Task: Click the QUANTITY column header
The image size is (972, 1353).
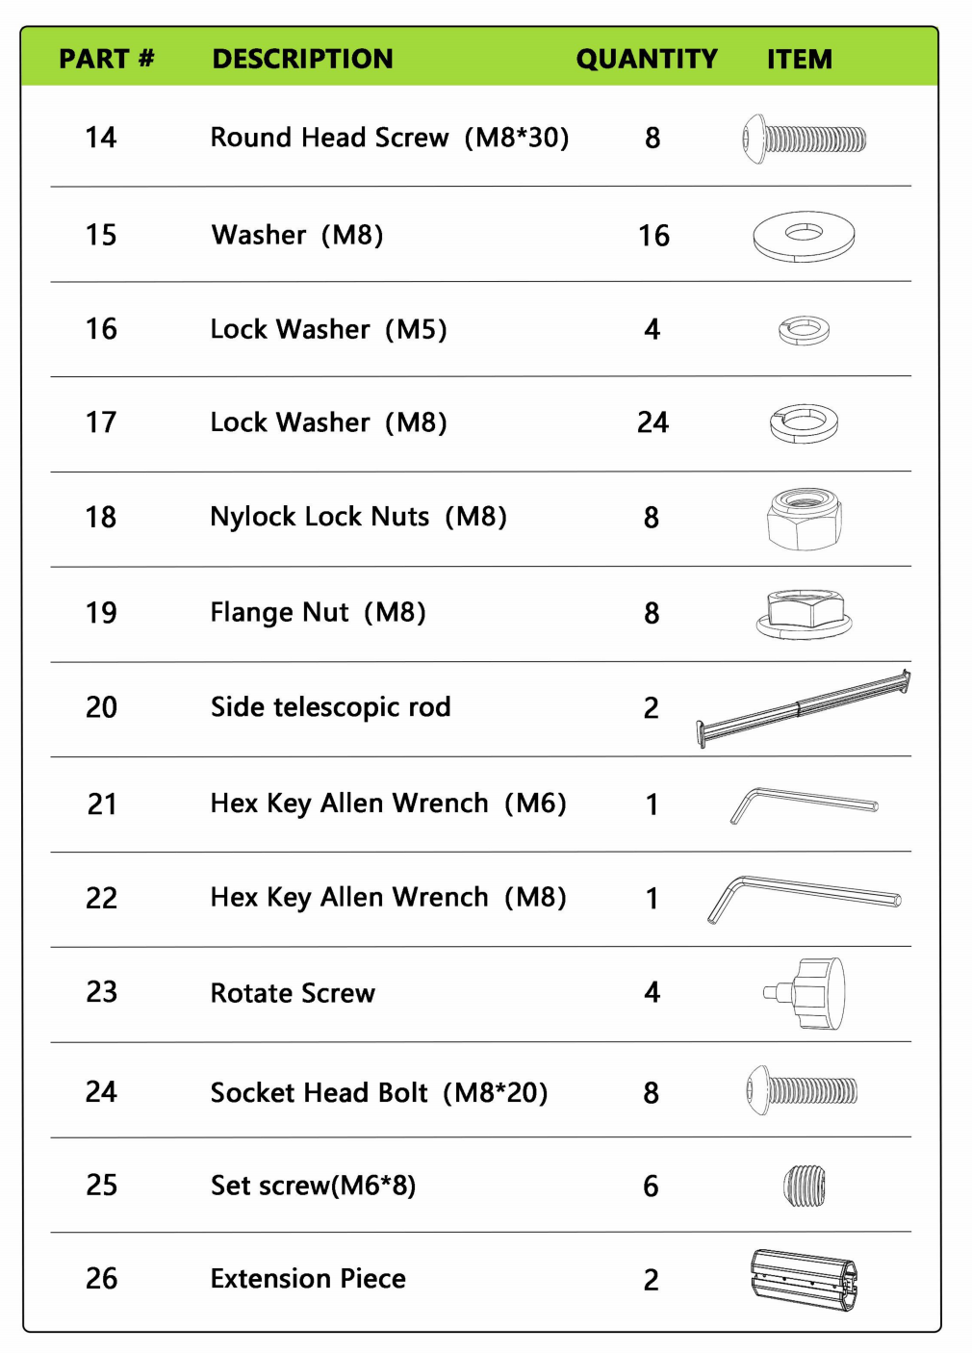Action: pyautogui.click(x=647, y=59)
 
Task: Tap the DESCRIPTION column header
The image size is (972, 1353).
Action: pyautogui.click(x=302, y=59)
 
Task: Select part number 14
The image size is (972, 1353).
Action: pyautogui.click(x=101, y=138)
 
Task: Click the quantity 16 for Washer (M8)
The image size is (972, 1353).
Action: pyautogui.click(x=653, y=236)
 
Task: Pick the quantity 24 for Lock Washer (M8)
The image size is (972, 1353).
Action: pyautogui.click(x=652, y=422)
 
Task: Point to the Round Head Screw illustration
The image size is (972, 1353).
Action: pyautogui.click(x=805, y=140)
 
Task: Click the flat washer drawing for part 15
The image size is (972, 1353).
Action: pyautogui.click(x=804, y=236)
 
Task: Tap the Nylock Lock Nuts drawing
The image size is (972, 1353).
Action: pyautogui.click(x=805, y=519)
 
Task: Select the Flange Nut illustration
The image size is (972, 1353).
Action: pyautogui.click(x=805, y=614)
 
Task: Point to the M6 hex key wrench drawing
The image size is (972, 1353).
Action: pyautogui.click(x=804, y=804)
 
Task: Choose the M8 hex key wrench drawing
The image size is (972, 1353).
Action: pyautogui.click(x=804, y=898)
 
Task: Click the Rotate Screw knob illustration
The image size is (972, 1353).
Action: pyautogui.click(x=808, y=993)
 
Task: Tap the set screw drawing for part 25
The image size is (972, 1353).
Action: pyautogui.click(x=805, y=1186)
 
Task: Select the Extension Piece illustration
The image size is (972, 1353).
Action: pyautogui.click(x=804, y=1280)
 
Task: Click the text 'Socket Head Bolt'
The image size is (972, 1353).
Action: pyautogui.click(x=319, y=1093)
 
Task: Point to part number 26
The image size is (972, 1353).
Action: pyautogui.click(x=101, y=1279)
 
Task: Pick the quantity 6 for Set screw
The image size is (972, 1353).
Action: pyautogui.click(x=651, y=1187)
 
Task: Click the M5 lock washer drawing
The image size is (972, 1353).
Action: pyautogui.click(x=804, y=330)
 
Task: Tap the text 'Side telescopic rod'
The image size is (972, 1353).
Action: pyautogui.click(x=330, y=707)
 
